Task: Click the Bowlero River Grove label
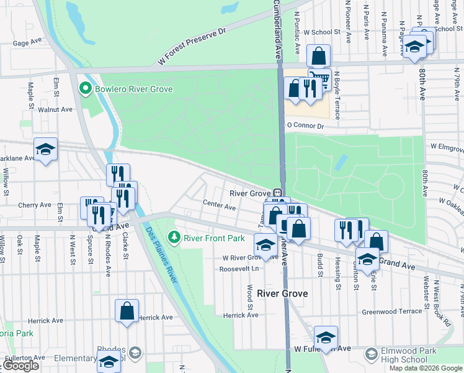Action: point(133,89)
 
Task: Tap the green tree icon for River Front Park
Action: point(175,237)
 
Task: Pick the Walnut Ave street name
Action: point(55,109)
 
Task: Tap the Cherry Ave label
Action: point(35,205)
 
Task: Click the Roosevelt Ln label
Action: point(238,269)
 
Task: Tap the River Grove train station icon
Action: point(278,193)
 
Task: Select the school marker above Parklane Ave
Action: point(45,149)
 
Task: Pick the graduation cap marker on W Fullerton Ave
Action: point(325,337)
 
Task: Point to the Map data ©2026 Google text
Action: point(426,368)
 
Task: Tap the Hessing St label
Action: point(339,274)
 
